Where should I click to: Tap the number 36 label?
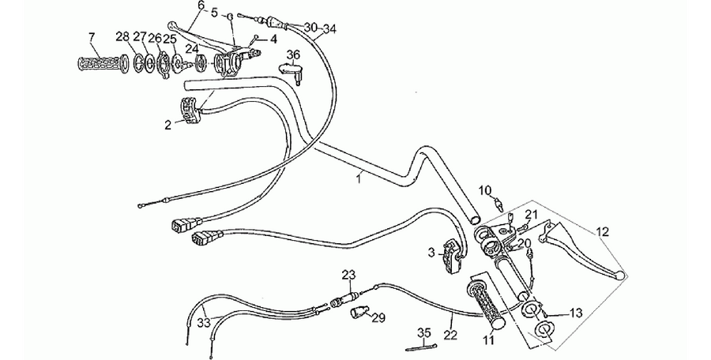click(293, 54)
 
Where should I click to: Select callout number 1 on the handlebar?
click(359, 178)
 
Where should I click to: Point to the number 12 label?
click(603, 232)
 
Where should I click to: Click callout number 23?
click(349, 275)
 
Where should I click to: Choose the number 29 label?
click(378, 318)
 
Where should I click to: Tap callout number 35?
click(424, 333)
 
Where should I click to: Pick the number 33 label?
click(204, 323)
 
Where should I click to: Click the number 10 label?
click(485, 190)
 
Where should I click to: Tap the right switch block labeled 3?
click(452, 256)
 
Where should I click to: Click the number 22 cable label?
click(451, 335)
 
